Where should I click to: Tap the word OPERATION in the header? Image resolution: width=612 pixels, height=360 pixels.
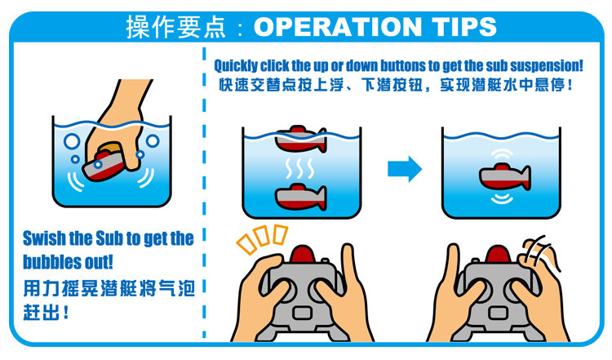(x=338, y=27)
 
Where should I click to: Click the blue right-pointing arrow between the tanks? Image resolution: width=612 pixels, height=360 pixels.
(x=405, y=169)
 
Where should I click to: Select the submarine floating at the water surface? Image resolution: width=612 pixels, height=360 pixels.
(x=300, y=139)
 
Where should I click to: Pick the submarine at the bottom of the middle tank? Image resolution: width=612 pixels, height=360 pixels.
(x=300, y=197)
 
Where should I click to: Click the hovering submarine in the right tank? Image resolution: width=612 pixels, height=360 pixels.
(x=504, y=176)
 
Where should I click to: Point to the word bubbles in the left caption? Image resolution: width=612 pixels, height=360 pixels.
(x=47, y=261)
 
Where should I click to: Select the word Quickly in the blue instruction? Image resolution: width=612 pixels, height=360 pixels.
(x=236, y=65)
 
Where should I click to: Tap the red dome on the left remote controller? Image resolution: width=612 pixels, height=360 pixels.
(x=303, y=254)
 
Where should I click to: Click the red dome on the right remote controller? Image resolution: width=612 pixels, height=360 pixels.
(x=498, y=254)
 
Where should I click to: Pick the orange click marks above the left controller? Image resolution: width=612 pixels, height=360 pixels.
(x=261, y=239)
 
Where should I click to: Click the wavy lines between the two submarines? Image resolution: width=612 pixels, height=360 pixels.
(x=299, y=168)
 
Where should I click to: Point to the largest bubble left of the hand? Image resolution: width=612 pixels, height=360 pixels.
(x=72, y=141)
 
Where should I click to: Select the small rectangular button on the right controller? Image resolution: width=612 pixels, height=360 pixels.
(x=498, y=313)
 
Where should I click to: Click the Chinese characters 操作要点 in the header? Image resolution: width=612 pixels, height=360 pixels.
(x=175, y=27)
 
